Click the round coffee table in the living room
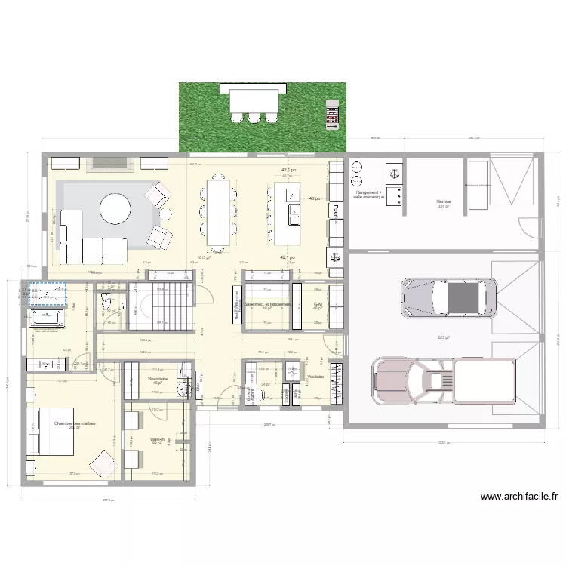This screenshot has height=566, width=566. [115, 208]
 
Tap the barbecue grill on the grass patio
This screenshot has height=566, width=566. [331, 112]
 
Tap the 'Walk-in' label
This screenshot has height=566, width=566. [157, 438]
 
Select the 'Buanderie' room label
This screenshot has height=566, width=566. [158, 379]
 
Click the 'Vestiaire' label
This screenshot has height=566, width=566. [315, 376]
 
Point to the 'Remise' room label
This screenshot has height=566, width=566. [442, 201]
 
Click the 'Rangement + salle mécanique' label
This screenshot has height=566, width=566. [369, 195]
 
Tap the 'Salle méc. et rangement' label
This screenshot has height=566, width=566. [266, 304]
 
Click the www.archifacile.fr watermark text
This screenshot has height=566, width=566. [518, 497]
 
